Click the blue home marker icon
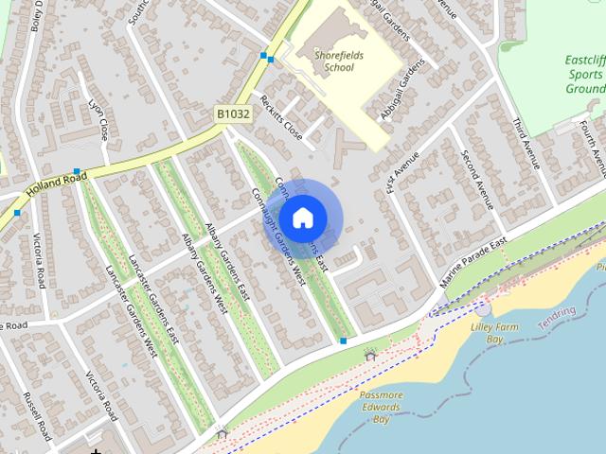coord(302,218)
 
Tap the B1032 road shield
coord(233,113)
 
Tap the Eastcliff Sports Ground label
coord(584,74)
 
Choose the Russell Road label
coord(35,417)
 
